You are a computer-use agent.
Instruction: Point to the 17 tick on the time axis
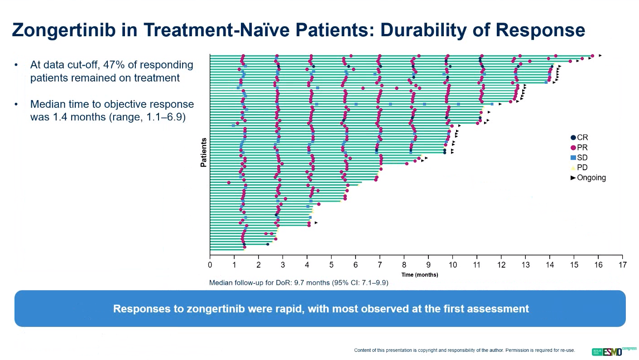point(623,265)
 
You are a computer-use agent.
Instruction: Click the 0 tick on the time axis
point(210,265)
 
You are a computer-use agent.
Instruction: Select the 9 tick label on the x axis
point(428,265)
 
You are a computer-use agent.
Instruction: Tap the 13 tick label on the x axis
point(525,265)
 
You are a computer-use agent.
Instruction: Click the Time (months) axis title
point(419,275)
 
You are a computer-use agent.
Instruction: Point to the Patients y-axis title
point(204,153)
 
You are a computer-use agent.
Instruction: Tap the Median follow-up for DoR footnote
point(298,283)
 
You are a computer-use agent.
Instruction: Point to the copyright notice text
point(464,350)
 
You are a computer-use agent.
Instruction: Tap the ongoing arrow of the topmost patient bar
point(600,55)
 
